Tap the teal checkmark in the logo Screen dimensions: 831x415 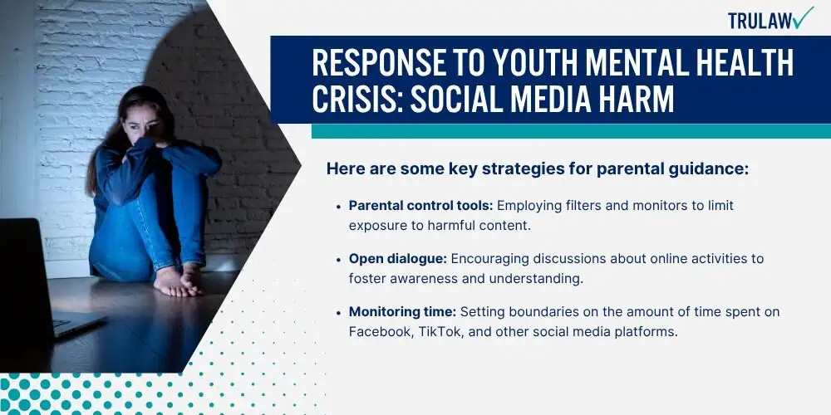click(x=804, y=17)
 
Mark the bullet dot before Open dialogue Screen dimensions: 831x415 click(x=339, y=260)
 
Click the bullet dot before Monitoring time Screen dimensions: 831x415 click(x=339, y=313)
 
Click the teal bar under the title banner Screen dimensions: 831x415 click(x=571, y=131)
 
